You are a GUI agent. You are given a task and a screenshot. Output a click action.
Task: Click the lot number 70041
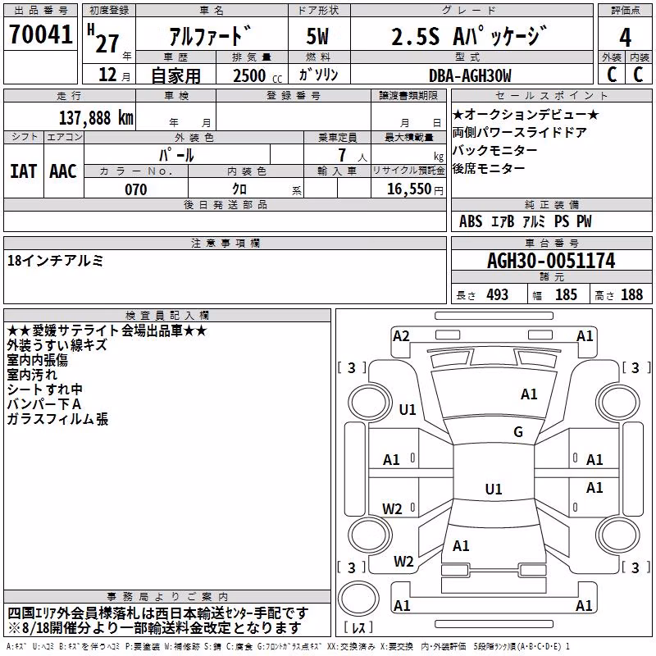pos(40,34)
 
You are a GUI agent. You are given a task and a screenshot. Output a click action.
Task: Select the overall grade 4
pos(625,38)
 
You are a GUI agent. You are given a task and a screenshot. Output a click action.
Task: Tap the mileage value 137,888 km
pos(96,117)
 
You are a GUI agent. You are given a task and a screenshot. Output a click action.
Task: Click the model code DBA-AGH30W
pos(470,75)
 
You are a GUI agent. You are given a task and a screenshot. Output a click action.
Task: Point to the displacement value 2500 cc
pos(257,75)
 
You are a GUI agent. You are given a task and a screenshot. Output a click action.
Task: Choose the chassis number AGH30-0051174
pos(551,261)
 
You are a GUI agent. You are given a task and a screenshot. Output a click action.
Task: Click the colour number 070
pos(136,189)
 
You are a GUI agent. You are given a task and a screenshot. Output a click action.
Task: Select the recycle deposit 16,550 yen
pos(415,189)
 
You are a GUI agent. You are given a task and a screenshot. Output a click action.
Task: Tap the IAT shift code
pos(23,171)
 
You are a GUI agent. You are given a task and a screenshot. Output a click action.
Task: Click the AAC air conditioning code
pos(63,171)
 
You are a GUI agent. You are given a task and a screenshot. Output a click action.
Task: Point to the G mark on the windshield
pos(518,431)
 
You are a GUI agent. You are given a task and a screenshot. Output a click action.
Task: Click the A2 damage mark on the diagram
pos(401,336)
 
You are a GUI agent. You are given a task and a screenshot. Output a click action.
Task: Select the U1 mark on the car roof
pos(494,489)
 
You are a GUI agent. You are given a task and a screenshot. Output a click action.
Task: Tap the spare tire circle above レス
pos(358,598)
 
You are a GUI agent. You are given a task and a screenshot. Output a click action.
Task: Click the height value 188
pos(631,294)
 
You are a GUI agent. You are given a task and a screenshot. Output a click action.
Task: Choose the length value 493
pos(498,294)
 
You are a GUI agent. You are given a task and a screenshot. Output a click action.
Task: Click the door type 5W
pos(317,36)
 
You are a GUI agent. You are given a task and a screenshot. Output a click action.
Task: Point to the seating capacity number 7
pos(342,155)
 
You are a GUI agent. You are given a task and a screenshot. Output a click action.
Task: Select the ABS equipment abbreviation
pos(471,221)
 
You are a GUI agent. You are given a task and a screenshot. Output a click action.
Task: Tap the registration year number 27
pos(107,43)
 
